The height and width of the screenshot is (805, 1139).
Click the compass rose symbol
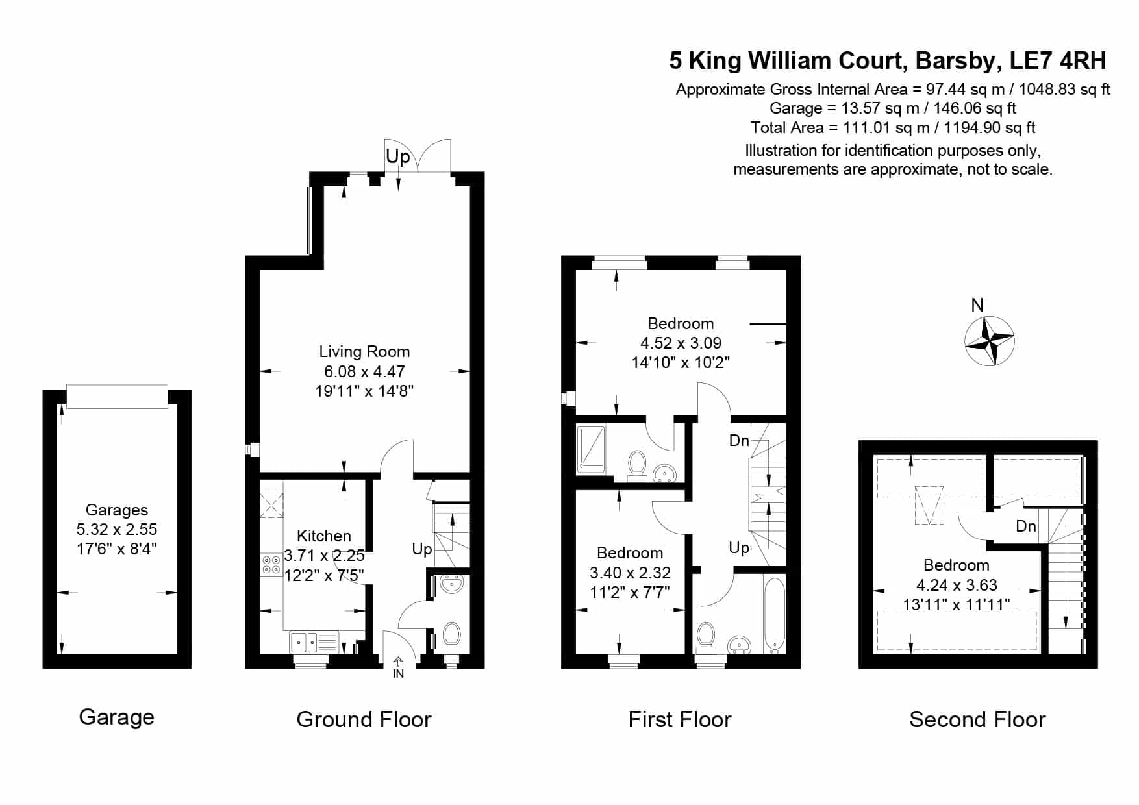(x=989, y=341)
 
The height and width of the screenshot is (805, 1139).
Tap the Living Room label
(x=364, y=352)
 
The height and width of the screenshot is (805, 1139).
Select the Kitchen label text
(x=323, y=536)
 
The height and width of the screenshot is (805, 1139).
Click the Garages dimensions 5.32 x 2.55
(x=117, y=529)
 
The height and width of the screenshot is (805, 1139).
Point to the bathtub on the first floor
(x=775, y=614)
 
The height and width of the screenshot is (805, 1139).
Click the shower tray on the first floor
(x=591, y=449)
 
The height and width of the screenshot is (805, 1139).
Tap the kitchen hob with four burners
(x=271, y=564)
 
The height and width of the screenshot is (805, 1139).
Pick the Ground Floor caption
(x=364, y=719)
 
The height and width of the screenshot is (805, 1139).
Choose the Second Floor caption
(x=977, y=719)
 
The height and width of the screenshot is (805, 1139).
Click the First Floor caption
(x=680, y=719)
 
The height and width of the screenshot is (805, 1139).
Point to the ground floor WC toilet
(x=451, y=637)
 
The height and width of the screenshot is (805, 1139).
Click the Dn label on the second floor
(x=1026, y=526)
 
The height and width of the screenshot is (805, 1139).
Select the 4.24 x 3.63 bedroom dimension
(x=957, y=585)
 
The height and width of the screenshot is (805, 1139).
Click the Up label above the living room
(x=398, y=156)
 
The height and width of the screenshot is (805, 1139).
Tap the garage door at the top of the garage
(x=117, y=397)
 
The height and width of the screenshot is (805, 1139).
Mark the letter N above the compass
(x=977, y=304)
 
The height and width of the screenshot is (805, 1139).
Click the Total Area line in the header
(x=893, y=127)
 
